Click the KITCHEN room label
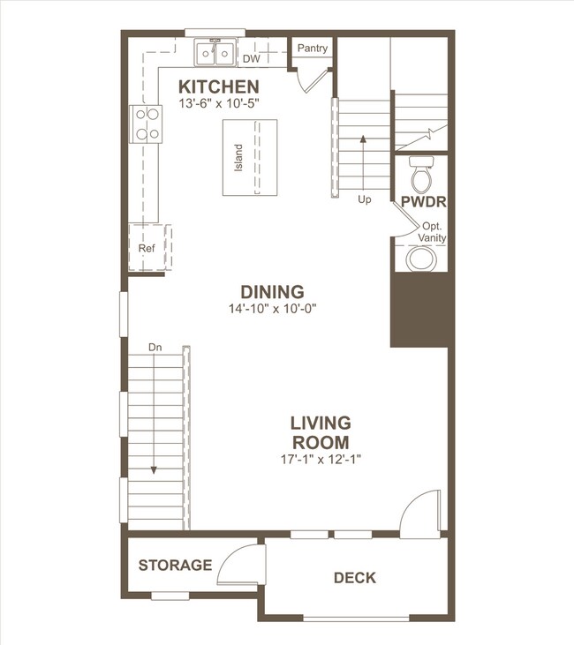(x=219, y=86)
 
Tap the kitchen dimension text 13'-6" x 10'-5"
(x=218, y=103)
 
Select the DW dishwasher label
(x=251, y=59)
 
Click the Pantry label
(x=313, y=49)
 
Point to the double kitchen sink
(x=215, y=53)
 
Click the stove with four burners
(x=146, y=124)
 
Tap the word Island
(x=238, y=157)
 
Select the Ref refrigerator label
(x=147, y=250)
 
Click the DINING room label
(x=272, y=292)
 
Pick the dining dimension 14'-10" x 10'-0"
(x=272, y=309)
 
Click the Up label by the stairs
(x=365, y=199)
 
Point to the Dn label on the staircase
(x=155, y=347)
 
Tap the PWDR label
(x=423, y=202)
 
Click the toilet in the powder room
(x=422, y=172)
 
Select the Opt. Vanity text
(x=433, y=232)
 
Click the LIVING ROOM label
(x=321, y=432)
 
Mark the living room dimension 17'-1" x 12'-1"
(x=321, y=459)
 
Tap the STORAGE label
(x=175, y=565)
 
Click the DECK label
(x=354, y=578)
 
